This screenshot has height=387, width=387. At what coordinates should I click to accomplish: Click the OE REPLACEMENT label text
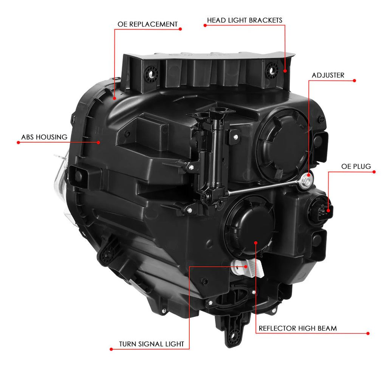[x=147, y=24]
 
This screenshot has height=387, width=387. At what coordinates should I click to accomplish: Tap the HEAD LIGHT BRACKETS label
[x=245, y=20]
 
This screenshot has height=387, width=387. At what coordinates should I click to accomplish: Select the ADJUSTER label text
[x=328, y=75]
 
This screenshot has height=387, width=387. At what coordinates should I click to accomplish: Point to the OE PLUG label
[x=356, y=166]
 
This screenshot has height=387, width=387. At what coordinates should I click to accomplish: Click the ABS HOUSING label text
[x=44, y=137]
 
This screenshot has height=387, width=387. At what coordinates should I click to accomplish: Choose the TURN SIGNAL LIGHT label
[x=152, y=344]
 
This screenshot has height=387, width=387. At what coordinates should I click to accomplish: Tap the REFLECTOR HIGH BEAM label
[x=298, y=328]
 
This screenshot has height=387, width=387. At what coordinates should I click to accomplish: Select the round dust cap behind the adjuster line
[x=283, y=146]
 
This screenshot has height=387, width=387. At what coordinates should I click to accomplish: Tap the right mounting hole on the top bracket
[x=272, y=71]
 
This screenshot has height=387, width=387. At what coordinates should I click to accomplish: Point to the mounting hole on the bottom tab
[x=232, y=336]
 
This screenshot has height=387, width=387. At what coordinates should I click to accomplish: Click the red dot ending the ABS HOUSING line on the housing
[x=99, y=142]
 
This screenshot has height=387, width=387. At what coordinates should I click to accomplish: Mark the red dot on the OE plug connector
[x=328, y=211]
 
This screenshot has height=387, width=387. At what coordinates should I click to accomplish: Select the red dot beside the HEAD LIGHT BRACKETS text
[x=205, y=25]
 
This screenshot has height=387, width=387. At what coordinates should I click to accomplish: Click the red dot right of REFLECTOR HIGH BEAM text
[x=368, y=333]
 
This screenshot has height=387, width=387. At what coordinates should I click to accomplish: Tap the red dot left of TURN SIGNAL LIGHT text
[x=111, y=349]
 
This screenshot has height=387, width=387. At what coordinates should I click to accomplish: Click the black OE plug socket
[x=320, y=210]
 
